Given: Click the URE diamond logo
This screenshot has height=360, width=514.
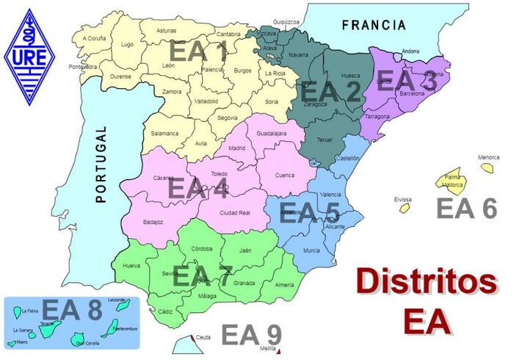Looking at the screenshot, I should (x=30, y=57).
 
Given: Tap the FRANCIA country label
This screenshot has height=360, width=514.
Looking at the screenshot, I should (x=374, y=25).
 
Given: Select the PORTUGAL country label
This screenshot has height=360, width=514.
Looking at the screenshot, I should (x=101, y=164).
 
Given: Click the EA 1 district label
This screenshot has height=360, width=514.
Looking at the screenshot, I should (x=199, y=52).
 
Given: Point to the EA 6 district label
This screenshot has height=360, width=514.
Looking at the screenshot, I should (x=467, y=209).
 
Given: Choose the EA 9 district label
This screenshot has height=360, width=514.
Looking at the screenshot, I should (x=251, y=335).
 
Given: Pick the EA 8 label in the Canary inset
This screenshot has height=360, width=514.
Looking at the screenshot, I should (x=71, y=311).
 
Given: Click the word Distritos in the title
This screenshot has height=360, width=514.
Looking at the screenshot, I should (x=425, y=282).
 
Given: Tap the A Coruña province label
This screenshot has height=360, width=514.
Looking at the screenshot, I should (x=95, y=38).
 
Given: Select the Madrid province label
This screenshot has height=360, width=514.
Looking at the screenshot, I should (x=236, y=148).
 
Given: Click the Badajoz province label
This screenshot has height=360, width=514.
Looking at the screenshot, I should (x=153, y=221).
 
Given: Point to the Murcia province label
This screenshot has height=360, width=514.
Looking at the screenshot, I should (x=311, y=251).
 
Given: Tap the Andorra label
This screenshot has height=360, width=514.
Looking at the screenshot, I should (x=410, y=51).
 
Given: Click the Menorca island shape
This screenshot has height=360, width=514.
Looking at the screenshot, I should (x=488, y=168).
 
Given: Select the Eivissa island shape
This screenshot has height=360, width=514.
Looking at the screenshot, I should (x=404, y=208).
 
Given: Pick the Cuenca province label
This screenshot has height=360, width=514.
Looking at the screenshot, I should (x=284, y=175).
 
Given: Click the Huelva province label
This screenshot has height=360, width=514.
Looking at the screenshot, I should (x=131, y=265).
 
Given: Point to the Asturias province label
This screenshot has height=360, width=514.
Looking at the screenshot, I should (x=167, y=31).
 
